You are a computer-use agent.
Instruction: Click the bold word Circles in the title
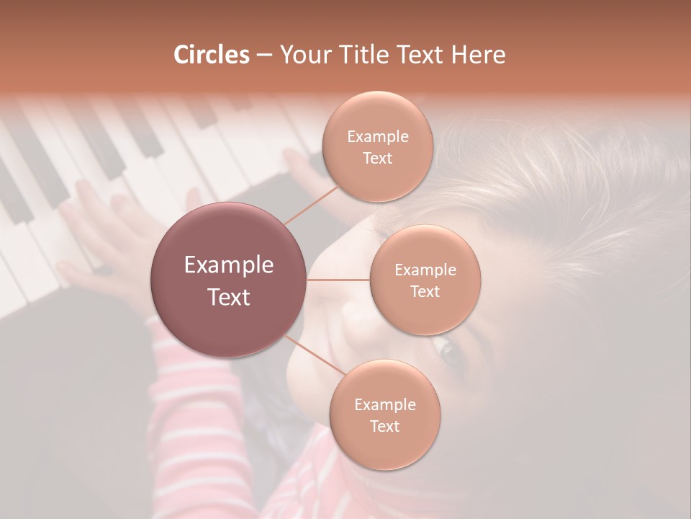tap(212, 55)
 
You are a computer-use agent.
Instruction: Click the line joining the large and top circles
tap(311, 205)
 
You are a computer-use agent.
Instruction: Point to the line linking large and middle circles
tap(338, 280)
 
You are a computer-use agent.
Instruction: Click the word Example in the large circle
tap(229, 265)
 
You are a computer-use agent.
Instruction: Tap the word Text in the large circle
tap(229, 297)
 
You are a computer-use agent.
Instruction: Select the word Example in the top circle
tap(377, 137)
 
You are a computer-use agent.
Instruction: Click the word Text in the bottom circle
tap(384, 427)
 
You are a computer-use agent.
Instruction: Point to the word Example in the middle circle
tap(425, 270)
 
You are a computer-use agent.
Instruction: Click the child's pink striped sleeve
tap(180, 375)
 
